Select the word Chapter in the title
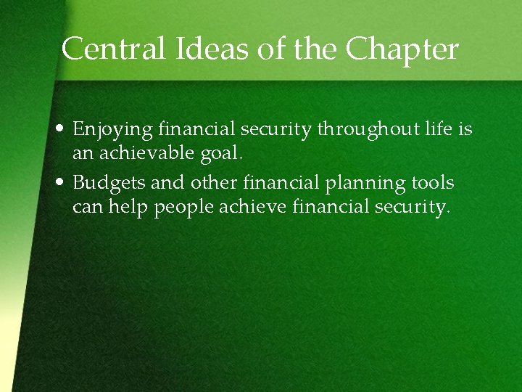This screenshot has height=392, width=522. (x=402, y=49)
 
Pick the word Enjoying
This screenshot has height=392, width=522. (x=112, y=131)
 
